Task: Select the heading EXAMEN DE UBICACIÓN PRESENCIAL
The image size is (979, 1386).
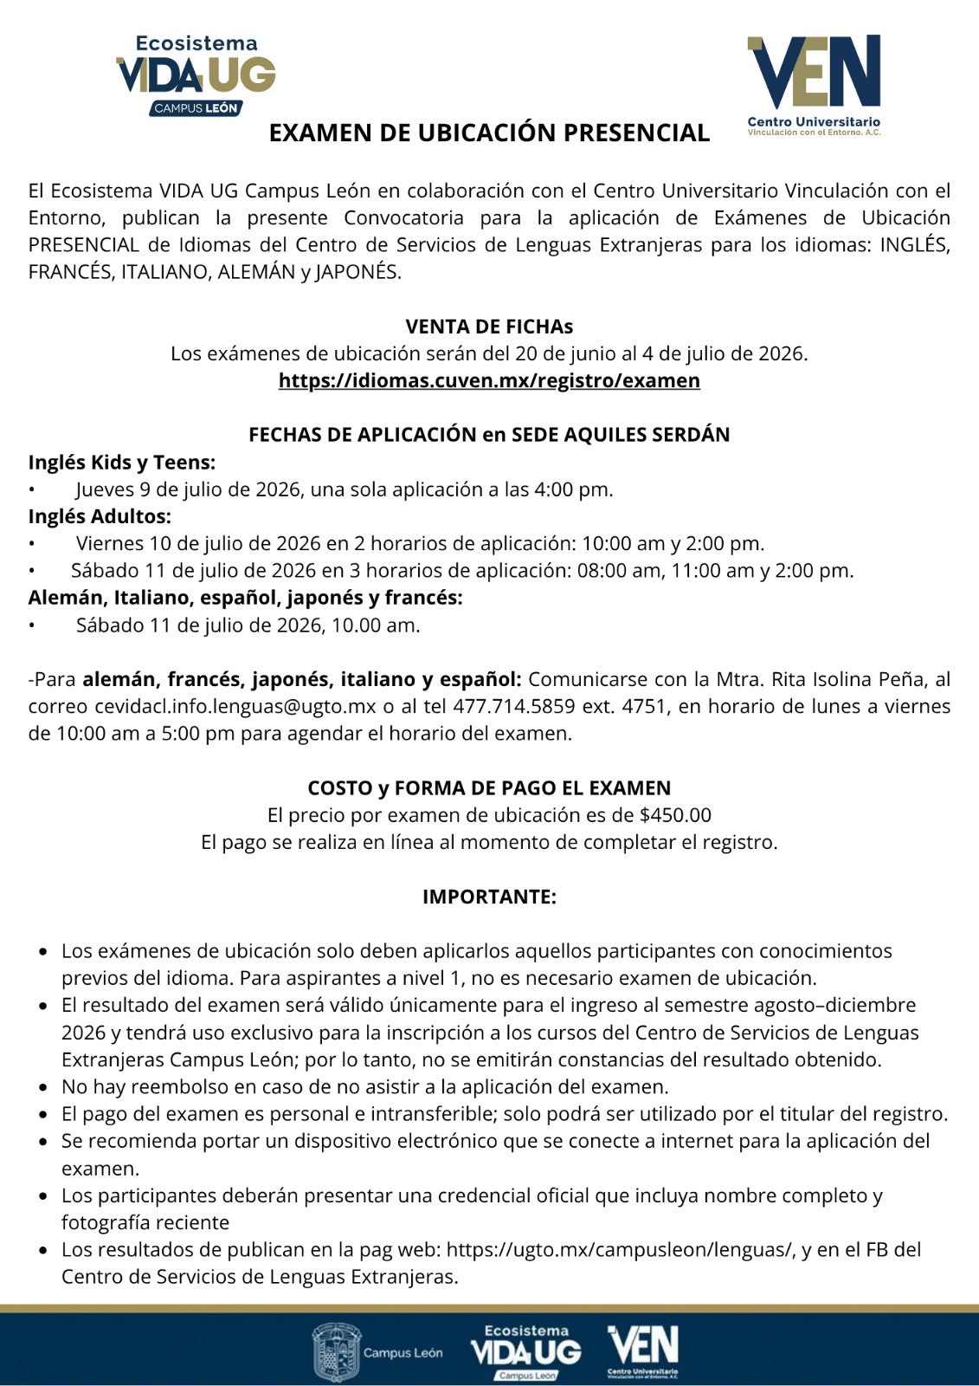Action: [489, 133]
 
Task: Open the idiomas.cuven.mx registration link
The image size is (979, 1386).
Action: [489, 381]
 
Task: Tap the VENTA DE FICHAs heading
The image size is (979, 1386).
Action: [489, 327]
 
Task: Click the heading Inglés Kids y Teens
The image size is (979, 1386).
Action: [122, 462]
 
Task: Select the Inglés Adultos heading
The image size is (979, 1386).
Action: [100, 516]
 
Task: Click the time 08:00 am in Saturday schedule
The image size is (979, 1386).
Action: [625, 571]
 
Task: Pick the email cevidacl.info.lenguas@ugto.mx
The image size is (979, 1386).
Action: [235, 706]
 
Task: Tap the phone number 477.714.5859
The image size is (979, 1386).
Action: [514, 706]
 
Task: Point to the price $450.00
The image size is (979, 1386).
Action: [675, 815]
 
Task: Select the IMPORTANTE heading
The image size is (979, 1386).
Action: [489, 897]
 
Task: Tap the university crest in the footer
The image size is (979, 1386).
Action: [337, 1350]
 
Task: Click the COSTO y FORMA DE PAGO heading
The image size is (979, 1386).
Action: [489, 788]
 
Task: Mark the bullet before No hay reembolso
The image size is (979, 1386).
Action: [43, 1087]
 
